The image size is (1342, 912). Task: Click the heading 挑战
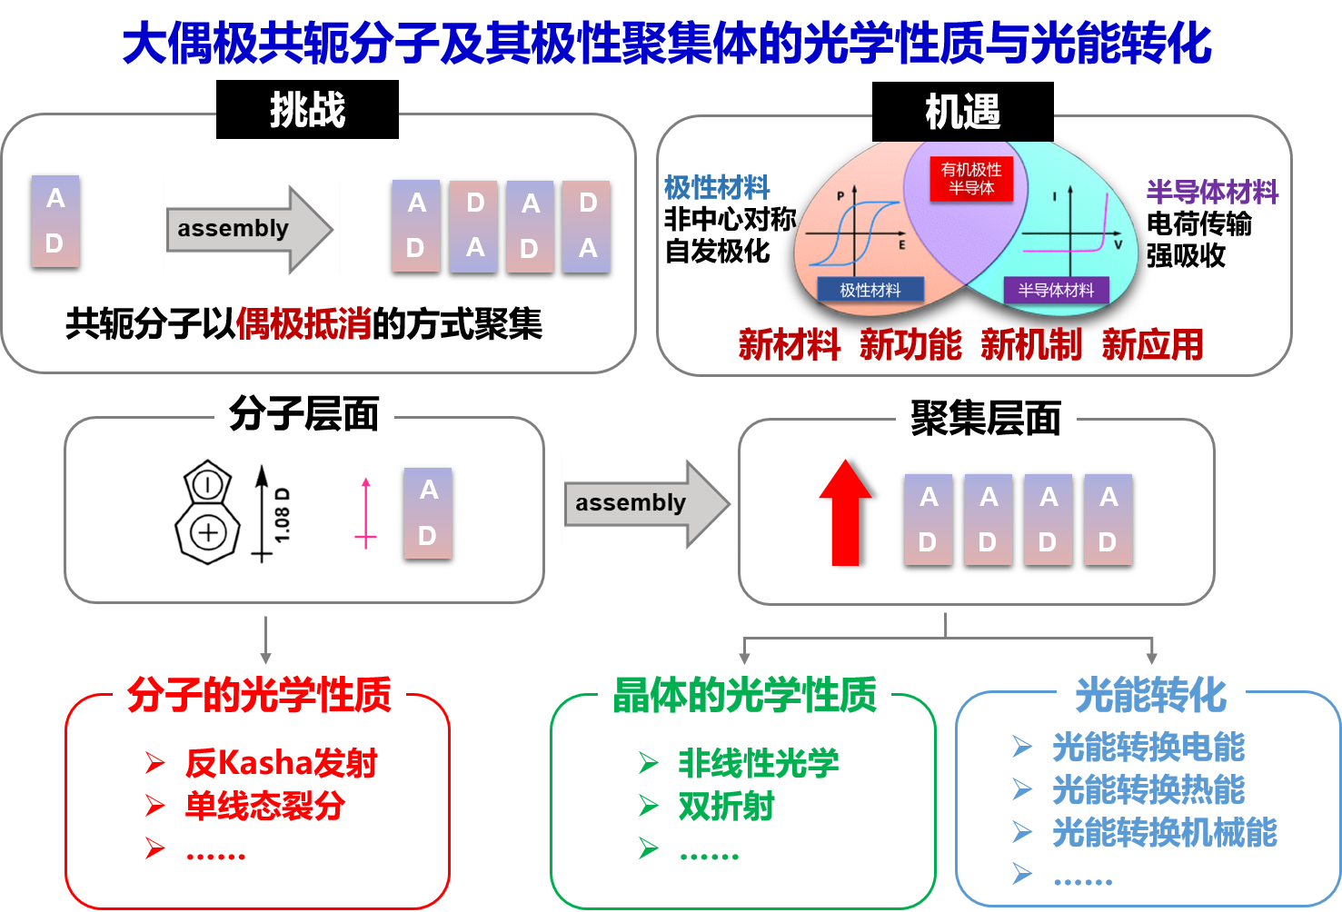click(307, 111)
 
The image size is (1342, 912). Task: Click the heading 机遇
click(962, 113)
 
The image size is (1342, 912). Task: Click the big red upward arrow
click(845, 512)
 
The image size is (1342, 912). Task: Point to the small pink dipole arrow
click(366, 513)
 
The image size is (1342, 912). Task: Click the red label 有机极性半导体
click(971, 179)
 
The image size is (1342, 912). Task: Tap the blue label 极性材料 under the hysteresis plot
click(870, 290)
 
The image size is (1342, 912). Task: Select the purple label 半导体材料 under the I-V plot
click(1056, 290)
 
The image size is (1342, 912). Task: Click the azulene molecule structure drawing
click(209, 512)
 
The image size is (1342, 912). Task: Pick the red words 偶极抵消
click(303, 323)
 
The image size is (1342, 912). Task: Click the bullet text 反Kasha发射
click(281, 763)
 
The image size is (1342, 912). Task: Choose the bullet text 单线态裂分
click(264, 806)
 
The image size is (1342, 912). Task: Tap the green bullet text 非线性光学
click(759, 763)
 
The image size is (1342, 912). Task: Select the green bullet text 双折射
click(726, 806)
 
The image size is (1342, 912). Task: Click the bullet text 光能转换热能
click(1148, 789)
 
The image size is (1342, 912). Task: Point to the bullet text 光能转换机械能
click(1165, 832)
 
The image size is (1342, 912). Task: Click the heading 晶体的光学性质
click(744, 695)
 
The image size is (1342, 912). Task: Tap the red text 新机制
click(1031, 345)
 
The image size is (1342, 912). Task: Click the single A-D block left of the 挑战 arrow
click(55, 222)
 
